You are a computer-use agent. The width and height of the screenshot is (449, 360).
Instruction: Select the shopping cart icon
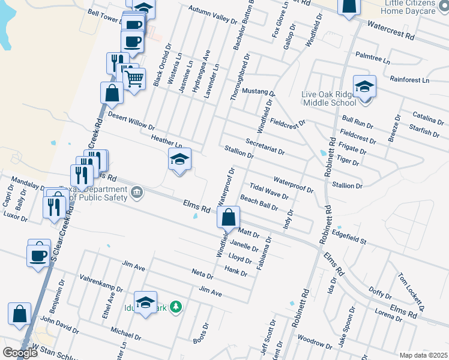pos(134,78)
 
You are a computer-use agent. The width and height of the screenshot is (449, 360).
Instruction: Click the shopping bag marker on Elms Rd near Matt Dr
pos(229,218)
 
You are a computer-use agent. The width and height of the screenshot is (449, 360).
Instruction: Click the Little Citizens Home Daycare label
pos(409,7)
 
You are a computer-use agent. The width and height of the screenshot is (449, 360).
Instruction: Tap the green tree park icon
pos(176,307)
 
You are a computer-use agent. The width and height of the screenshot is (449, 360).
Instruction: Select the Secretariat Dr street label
pos(265,148)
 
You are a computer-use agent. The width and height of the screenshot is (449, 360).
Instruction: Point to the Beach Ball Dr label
pos(259,203)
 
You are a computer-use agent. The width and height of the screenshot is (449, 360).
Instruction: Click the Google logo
pos(20,353)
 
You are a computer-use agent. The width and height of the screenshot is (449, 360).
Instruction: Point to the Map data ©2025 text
pos(423,355)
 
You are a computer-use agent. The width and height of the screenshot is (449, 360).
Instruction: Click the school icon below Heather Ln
pos(179,160)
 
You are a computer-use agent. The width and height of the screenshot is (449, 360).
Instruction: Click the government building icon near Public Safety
pos(137,193)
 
